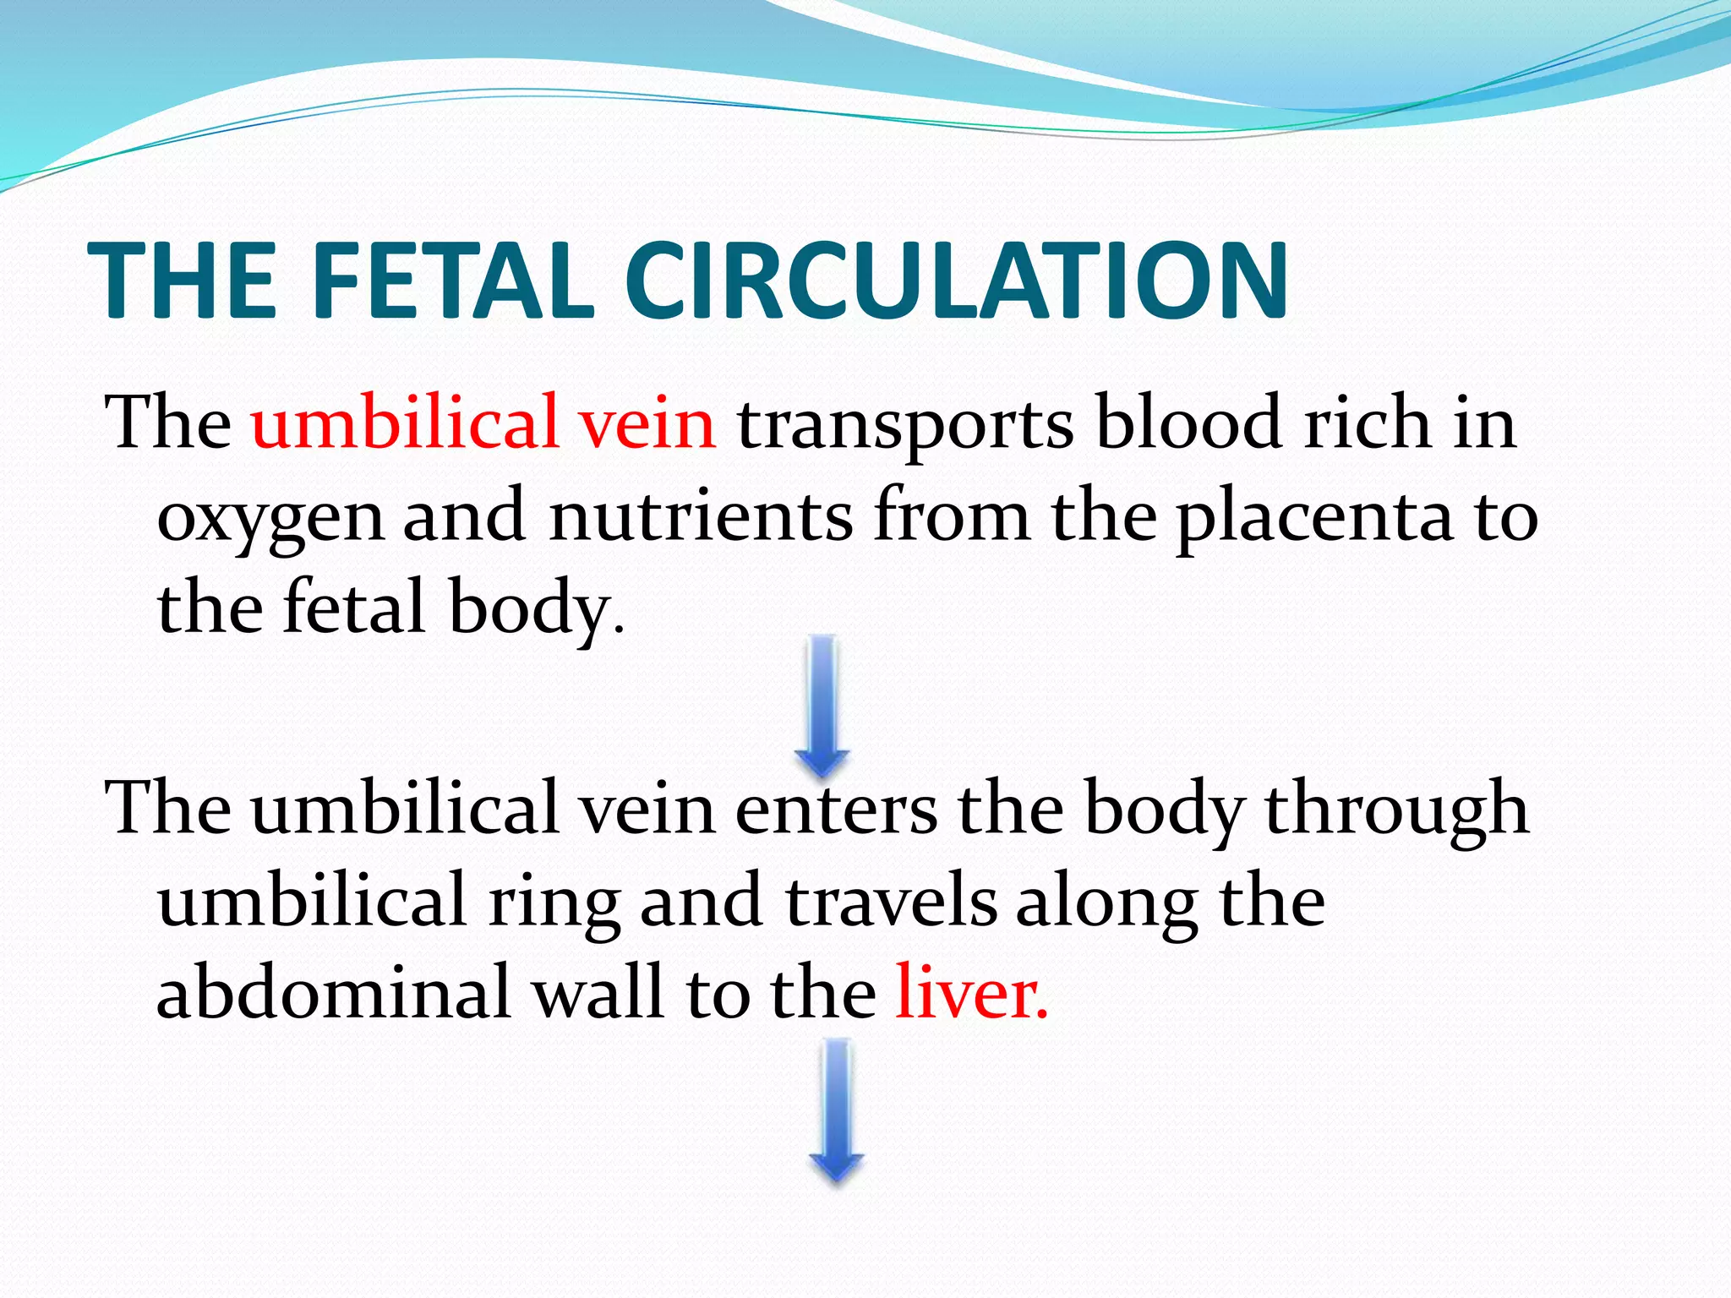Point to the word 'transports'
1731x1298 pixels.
point(905,426)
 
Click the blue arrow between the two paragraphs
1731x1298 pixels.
point(822,706)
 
